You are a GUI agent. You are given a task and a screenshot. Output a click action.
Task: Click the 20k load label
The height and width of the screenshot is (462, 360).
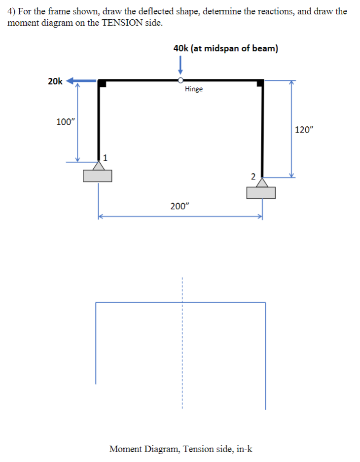pos(55,81)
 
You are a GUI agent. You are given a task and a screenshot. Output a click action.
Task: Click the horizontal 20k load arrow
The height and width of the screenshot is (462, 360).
pos(81,81)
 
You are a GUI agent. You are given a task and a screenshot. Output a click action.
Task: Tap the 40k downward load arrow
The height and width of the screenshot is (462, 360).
pos(181,66)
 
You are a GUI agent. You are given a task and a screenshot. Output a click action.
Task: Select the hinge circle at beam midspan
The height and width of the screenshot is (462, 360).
pos(181,80)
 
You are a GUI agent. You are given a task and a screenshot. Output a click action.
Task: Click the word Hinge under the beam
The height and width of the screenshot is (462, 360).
pos(194,89)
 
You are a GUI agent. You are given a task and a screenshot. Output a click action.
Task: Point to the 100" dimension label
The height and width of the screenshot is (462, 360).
pos(65,122)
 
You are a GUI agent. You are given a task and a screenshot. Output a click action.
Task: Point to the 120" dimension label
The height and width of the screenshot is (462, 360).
pos(304,130)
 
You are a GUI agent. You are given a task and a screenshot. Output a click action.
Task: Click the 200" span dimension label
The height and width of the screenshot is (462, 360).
pos(179,206)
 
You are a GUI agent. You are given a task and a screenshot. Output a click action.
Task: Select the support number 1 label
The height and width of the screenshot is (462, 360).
pos(105,157)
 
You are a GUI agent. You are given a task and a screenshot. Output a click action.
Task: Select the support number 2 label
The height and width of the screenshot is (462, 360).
pos(252,177)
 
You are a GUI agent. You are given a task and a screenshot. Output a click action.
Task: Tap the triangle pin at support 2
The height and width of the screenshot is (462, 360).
pos(262,183)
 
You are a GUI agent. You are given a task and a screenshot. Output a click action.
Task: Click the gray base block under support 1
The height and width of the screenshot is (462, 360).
pos(98,176)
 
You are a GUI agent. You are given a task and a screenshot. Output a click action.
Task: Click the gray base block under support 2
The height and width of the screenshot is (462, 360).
pos(261,193)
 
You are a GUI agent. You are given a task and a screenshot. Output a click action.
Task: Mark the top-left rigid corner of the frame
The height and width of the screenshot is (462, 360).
pos(101,82)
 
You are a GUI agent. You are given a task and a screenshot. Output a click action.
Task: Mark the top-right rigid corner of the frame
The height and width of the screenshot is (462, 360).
pos(260,82)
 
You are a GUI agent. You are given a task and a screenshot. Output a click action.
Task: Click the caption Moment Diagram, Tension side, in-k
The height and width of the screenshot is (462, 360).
pos(180,449)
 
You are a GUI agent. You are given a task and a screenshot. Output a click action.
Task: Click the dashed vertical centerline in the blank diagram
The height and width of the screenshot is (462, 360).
pos(181,345)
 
